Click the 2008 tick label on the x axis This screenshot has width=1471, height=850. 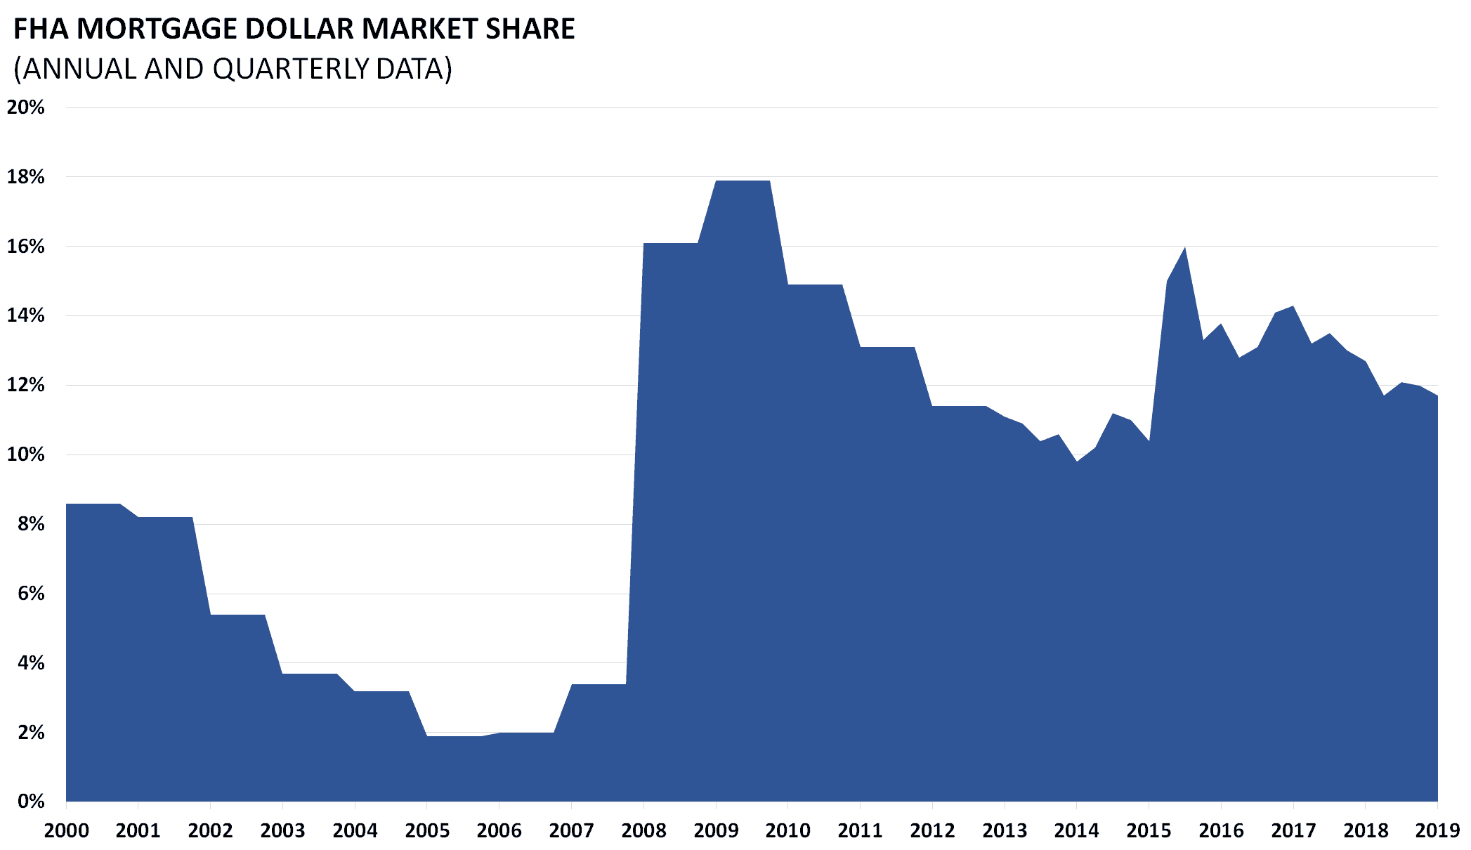(643, 831)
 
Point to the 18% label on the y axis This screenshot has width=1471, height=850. (26, 177)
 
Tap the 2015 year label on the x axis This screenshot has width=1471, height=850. (1149, 831)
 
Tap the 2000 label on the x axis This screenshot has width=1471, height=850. (67, 831)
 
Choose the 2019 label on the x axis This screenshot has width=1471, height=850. (1437, 831)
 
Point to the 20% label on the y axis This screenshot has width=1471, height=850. (26, 107)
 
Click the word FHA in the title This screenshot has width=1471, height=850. (41, 30)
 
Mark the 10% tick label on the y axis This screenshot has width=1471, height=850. (26, 455)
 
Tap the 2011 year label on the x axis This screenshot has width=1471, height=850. (860, 831)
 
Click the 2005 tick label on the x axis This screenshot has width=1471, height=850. (427, 831)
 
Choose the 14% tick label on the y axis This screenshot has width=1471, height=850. (26, 315)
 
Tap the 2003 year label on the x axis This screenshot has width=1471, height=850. (282, 831)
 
